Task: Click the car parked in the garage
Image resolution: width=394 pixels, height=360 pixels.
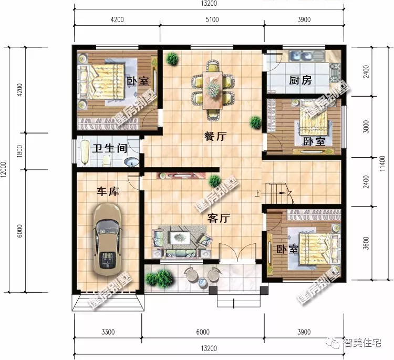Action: (x=107, y=239)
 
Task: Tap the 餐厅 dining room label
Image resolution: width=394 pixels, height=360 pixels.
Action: (x=215, y=136)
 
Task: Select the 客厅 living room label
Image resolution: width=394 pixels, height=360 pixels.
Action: (x=219, y=218)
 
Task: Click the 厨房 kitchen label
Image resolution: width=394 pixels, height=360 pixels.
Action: (x=300, y=80)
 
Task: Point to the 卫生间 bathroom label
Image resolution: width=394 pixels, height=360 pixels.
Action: (x=110, y=148)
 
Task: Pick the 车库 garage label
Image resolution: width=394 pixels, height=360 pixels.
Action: (x=108, y=192)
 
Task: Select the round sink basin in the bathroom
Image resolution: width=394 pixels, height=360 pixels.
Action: (x=131, y=162)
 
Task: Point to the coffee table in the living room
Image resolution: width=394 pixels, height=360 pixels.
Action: (x=180, y=238)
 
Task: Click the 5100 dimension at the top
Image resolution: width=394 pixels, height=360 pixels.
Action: (x=212, y=19)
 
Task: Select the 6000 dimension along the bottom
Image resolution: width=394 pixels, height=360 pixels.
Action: (x=203, y=332)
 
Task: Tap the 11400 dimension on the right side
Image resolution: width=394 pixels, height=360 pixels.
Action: (x=382, y=163)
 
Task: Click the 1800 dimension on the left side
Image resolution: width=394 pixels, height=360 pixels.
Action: (x=20, y=151)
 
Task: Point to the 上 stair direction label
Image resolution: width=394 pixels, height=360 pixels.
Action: (x=257, y=193)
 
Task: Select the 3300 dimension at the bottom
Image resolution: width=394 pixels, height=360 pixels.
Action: (x=108, y=332)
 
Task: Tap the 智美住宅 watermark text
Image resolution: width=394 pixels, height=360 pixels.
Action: (x=362, y=343)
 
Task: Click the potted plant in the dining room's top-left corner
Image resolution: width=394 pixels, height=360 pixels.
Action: (x=172, y=59)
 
